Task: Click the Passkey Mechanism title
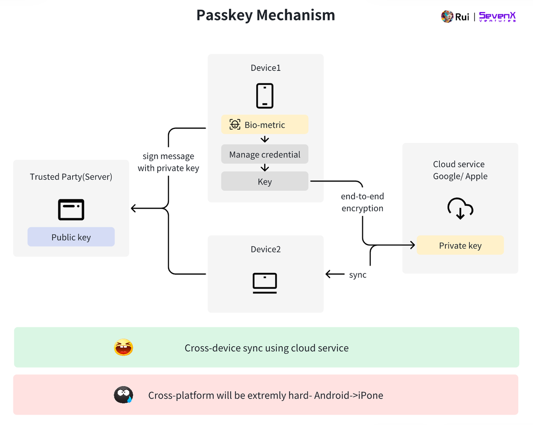click(x=266, y=15)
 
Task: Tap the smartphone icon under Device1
click(x=265, y=95)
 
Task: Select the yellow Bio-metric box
click(x=265, y=125)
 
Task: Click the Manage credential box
click(x=265, y=154)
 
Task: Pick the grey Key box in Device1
click(x=265, y=181)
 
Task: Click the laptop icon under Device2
click(x=265, y=283)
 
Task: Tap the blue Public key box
click(x=71, y=237)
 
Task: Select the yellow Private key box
click(x=460, y=245)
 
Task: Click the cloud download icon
click(x=460, y=209)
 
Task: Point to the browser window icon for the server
click(x=71, y=209)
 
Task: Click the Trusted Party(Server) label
click(x=71, y=177)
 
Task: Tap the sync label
click(x=358, y=274)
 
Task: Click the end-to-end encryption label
click(x=362, y=203)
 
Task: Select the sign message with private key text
click(x=168, y=162)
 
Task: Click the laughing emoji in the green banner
click(x=123, y=348)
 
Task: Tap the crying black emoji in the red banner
click(x=123, y=395)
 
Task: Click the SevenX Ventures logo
click(x=497, y=17)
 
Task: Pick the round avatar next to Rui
click(x=447, y=17)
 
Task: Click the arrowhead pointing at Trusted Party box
click(x=134, y=209)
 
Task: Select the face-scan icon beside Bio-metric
click(x=235, y=125)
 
